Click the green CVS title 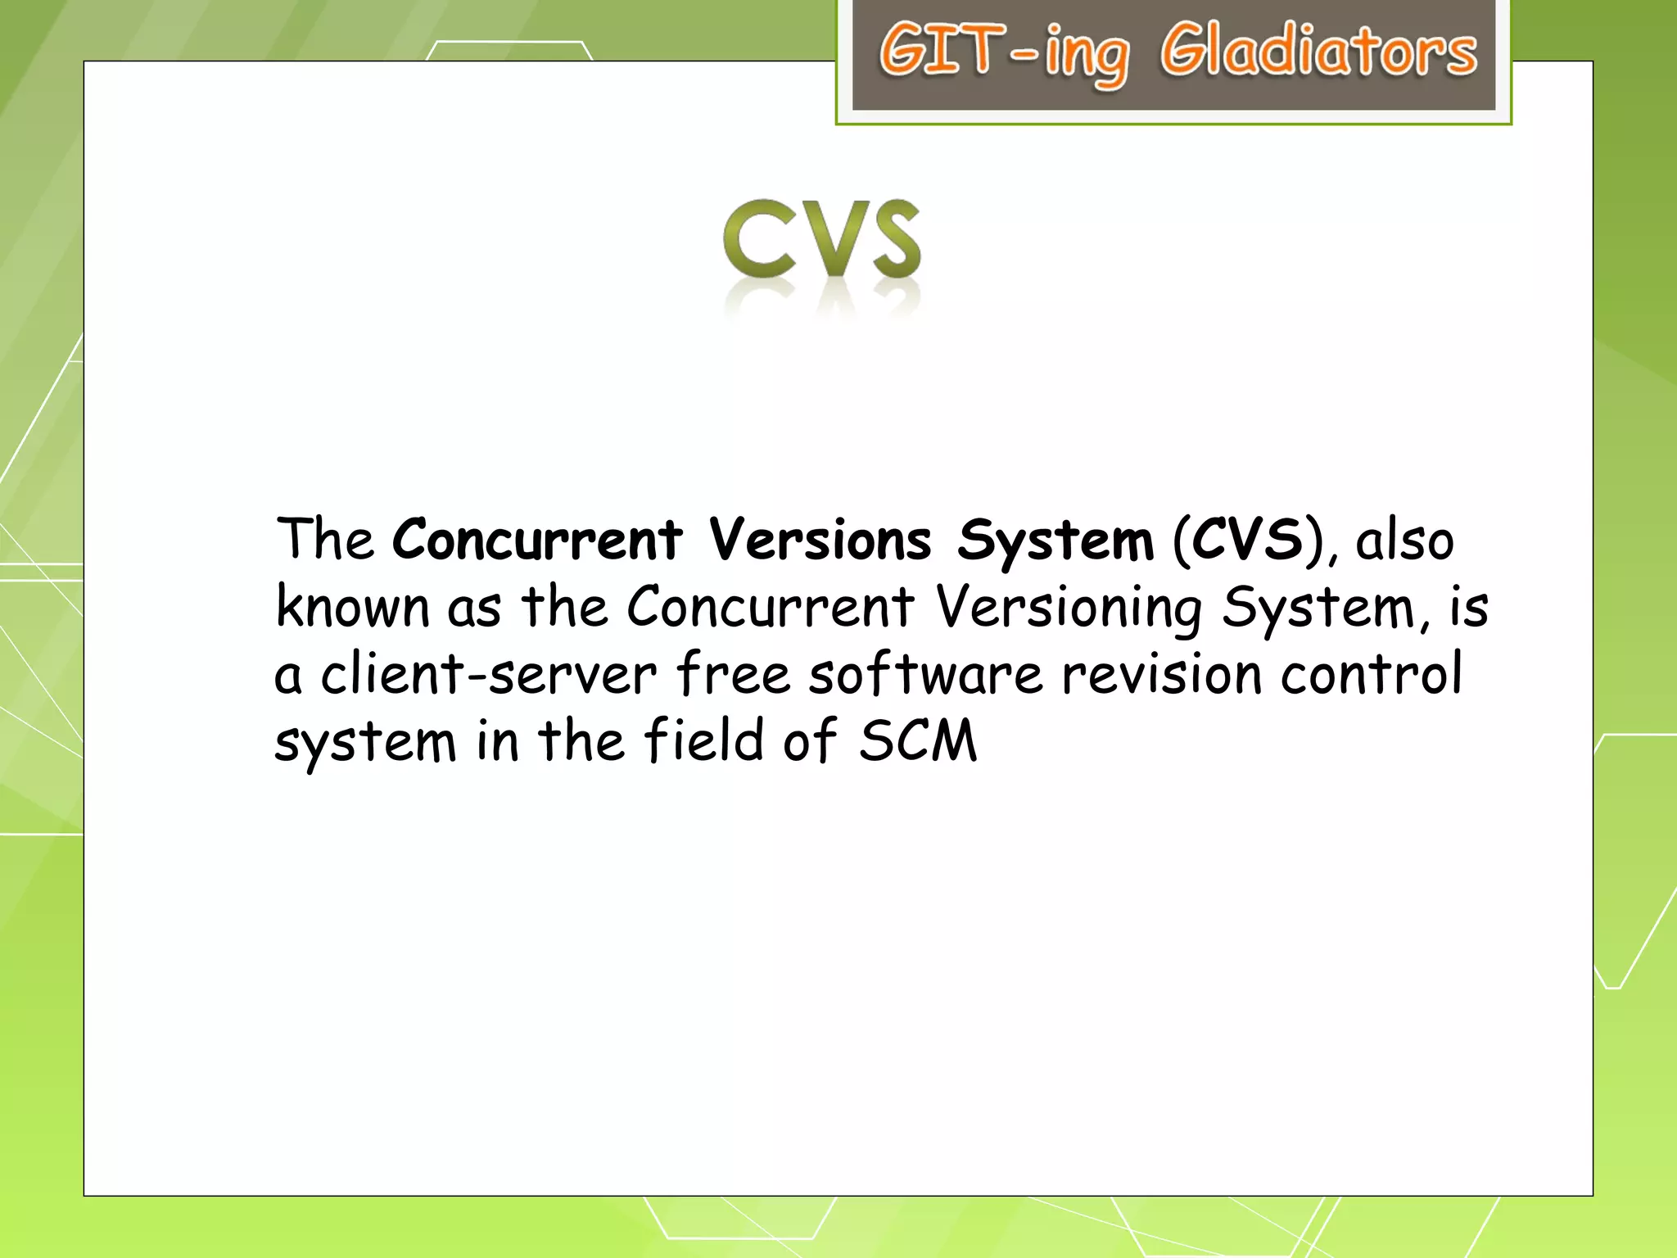821,239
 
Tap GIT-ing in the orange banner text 1003,52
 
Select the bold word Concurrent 536,540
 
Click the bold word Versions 820,540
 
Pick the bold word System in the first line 1055,541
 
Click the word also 1404,541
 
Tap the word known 352,608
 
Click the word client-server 488,675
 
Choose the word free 733,675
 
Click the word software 925,675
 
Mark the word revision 1162,675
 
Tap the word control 1371,675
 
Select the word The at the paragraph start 324,540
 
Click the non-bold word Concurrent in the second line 770,608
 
